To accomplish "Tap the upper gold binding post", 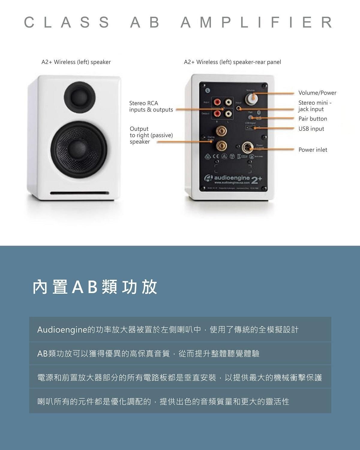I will point(222,130).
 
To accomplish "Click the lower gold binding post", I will point(222,146).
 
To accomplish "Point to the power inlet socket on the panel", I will point(247,148).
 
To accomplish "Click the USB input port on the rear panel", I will point(249,127).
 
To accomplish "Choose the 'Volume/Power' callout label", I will point(317,93).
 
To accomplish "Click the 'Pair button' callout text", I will point(313,119).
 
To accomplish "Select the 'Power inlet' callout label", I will point(313,150).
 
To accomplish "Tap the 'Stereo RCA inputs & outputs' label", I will point(151,106).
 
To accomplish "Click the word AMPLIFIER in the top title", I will point(256,22).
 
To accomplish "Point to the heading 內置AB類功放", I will point(95,287).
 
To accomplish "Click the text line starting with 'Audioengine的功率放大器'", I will point(168,330).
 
